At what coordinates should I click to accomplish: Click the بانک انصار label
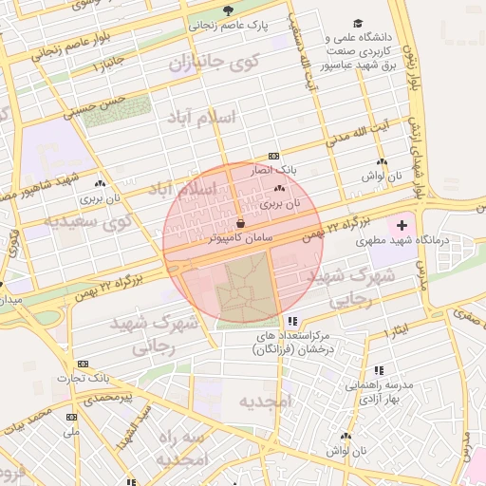point(280,170)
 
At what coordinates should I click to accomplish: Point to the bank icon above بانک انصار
point(273,156)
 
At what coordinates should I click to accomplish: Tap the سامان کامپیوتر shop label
point(241,237)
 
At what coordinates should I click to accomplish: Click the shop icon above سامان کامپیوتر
point(240,222)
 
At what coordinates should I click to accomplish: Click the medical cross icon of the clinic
point(402,225)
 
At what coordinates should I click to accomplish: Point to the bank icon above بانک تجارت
point(83,364)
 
